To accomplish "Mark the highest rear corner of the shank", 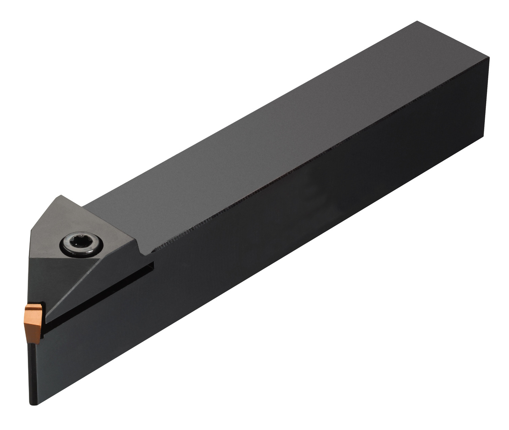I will (417, 21).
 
